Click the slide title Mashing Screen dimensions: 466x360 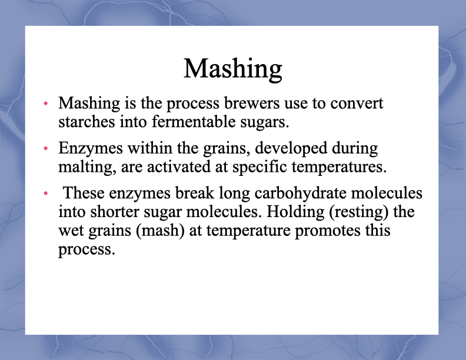tap(233, 69)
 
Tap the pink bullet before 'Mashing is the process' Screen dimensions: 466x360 tap(46, 104)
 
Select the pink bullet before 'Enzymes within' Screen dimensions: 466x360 tap(46, 148)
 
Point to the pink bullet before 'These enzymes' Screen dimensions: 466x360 tap(46, 194)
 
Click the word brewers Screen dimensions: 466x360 tap(252, 104)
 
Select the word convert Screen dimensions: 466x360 tap(357, 104)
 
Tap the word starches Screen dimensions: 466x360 tap(86, 122)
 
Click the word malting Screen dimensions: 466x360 tap(87, 167)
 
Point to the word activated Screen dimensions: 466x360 tap(179, 166)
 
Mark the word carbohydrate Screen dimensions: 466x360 tap(301, 194)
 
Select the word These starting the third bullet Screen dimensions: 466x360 tap(84, 193)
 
